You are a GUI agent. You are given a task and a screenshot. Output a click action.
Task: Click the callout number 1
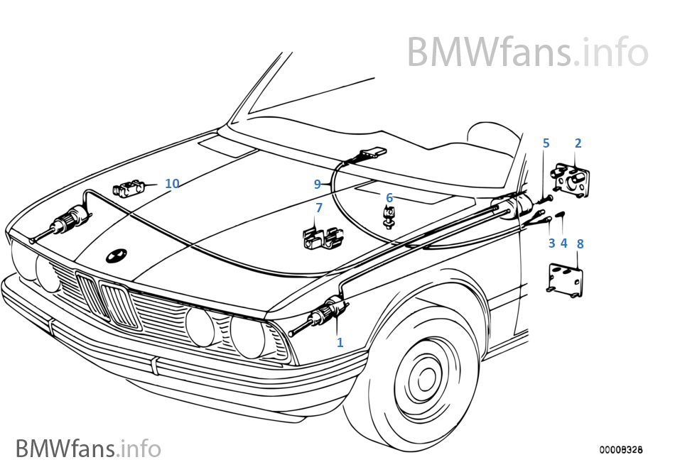(x=340, y=342)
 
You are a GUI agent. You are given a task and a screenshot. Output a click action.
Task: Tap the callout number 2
(x=578, y=143)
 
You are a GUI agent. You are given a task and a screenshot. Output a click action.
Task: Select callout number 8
(x=580, y=243)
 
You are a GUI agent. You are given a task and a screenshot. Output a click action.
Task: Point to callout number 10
(x=172, y=184)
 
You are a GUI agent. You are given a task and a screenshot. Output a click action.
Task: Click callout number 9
(x=318, y=184)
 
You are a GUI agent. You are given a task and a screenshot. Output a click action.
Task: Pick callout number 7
(x=319, y=208)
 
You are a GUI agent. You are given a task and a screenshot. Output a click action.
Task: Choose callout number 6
(x=389, y=197)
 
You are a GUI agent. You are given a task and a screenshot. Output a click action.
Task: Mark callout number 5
(x=546, y=143)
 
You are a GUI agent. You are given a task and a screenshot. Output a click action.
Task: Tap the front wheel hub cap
(x=427, y=380)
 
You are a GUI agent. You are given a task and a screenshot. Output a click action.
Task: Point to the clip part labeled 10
(x=128, y=190)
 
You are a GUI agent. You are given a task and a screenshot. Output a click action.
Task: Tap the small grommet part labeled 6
(x=389, y=216)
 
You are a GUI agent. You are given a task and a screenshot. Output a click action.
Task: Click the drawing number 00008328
(x=621, y=450)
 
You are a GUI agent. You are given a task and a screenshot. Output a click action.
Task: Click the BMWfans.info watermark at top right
(x=526, y=52)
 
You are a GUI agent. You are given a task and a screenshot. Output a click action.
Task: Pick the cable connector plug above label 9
(x=370, y=153)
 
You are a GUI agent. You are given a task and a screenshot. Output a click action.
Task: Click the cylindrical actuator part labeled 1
(x=330, y=313)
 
